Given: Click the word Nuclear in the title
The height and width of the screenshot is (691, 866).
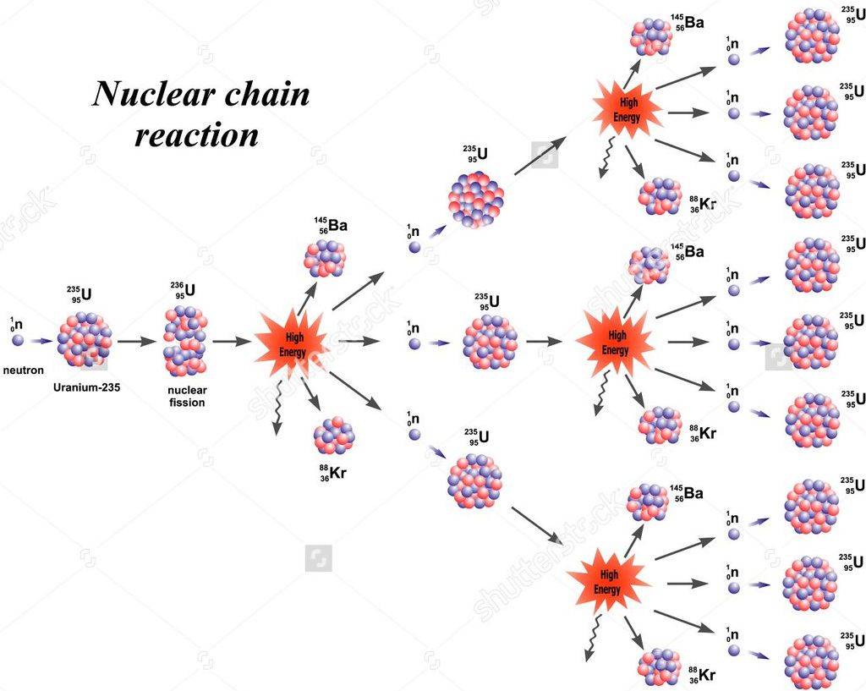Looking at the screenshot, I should coord(153,95).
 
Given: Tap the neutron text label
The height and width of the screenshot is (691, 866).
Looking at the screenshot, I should coord(23,370).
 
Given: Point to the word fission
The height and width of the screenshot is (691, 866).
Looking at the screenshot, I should coord(186,403).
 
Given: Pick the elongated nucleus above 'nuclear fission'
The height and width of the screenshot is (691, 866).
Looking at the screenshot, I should coord(185,340).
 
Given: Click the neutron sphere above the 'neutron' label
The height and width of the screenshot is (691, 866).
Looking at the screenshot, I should coord(18,341).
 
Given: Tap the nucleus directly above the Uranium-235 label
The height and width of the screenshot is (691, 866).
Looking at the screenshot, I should coord(85,339).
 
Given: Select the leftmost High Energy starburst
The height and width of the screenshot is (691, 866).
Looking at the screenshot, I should coord(291,343).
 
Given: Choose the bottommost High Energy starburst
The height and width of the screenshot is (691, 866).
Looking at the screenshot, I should coord(608,581).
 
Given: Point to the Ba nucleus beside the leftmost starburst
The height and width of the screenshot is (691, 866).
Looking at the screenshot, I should coord(325,258).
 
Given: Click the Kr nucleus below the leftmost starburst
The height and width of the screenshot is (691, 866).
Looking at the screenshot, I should coord(334,436).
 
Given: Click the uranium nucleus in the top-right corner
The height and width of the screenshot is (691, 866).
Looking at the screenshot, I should coord(813,36).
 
